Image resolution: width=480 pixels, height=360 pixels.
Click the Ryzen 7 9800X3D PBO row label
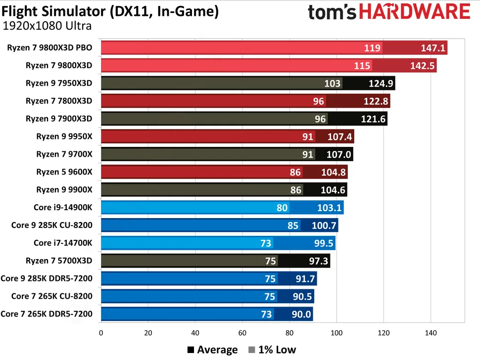[x=49, y=48]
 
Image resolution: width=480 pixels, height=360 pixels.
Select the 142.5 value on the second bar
[x=423, y=66]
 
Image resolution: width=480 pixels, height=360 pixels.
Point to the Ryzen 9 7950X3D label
[x=59, y=84]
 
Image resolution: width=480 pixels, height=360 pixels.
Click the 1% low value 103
[x=332, y=84]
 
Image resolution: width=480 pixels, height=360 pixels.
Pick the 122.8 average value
[x=376, y=101]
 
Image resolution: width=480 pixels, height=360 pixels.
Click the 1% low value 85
[x=293, y=225]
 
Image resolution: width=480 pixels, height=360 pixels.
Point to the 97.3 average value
[x=317, y=261]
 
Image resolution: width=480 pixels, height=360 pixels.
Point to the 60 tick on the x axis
[x=242, y=333]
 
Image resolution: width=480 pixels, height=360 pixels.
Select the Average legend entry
[x=213, y=350]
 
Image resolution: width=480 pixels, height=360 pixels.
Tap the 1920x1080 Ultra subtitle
[x=48, y=26]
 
